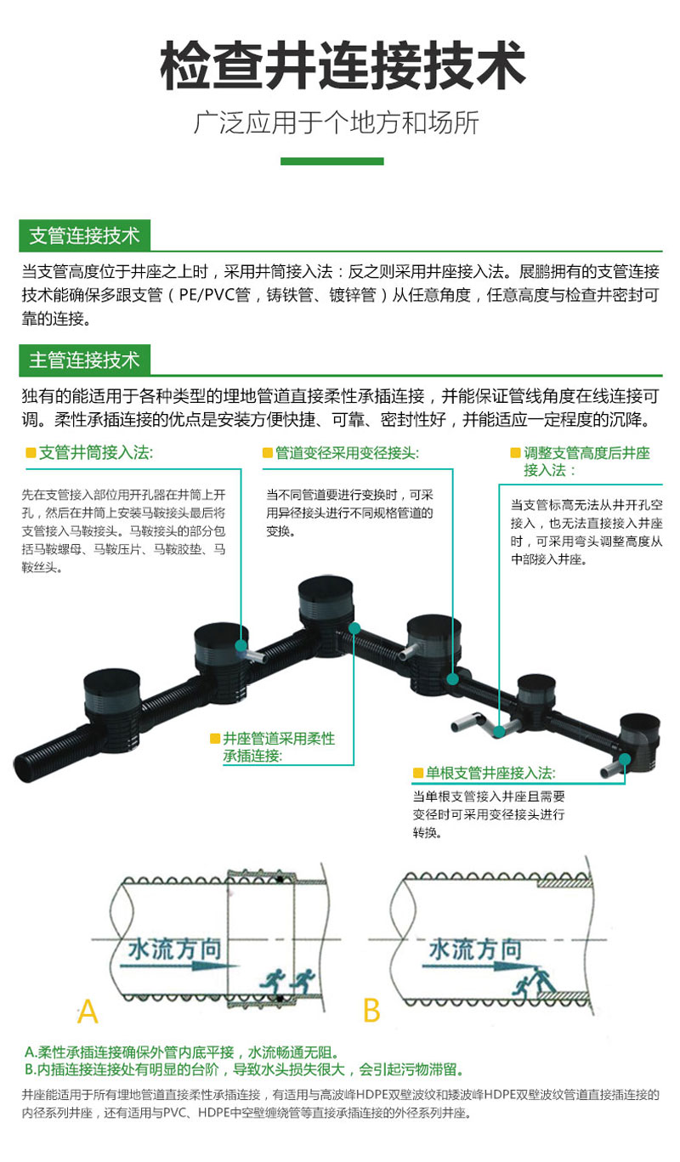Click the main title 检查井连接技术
tap(343, 66)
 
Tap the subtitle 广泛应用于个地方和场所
tap(336, 123)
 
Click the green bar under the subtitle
tap(332, 162)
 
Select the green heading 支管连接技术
tap(84, 235)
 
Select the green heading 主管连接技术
tap(84, 360)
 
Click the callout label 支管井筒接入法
tap(96, 453)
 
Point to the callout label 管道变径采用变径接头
tap(347, 453)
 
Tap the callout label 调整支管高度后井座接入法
tap(586, 462)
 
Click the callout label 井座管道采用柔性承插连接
tap(279, 747)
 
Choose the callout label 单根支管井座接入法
tap(490, 773)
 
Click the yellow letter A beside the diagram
tap(88, 1011)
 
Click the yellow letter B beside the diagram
tap(372, 1011)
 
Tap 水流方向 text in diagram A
tap(175, 949)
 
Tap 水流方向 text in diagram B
tap(476, 949)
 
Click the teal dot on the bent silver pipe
tap(498, 732)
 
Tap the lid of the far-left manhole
tap(112, 683)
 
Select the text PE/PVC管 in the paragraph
tap(215, 295)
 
